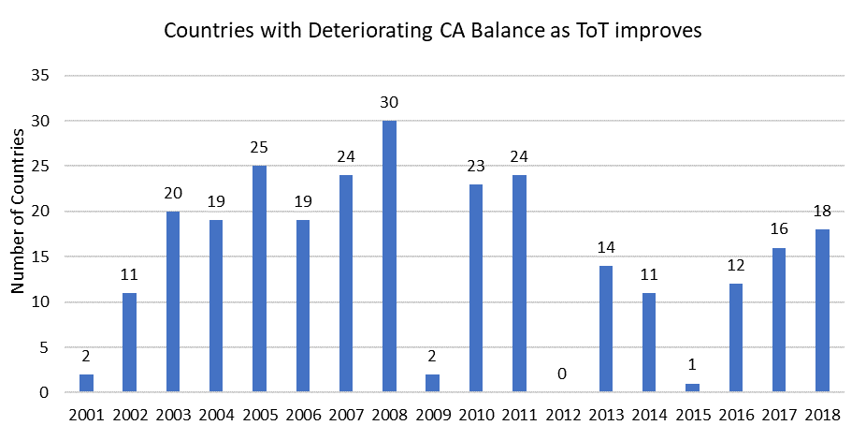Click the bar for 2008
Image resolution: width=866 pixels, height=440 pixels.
[x=390, y=257]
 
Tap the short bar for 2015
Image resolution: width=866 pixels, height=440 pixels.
[x=693, y=388]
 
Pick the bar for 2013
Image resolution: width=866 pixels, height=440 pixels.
[x=606, y=329]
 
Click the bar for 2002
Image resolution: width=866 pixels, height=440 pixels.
[x=130, y=343]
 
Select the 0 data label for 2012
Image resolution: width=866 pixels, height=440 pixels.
[x=563, y=374]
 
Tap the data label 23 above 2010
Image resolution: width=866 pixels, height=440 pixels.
[x=476, y=166]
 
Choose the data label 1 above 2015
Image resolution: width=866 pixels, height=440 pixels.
[x=693, y=365]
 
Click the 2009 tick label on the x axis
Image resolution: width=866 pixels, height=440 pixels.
[x=433, y=415]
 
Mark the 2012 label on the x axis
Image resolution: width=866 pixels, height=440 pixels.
[x=563, y=415]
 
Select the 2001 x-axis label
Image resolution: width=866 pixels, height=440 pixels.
[x=87, y=415]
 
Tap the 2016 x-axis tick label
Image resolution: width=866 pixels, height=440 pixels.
[x=736, y=415]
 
